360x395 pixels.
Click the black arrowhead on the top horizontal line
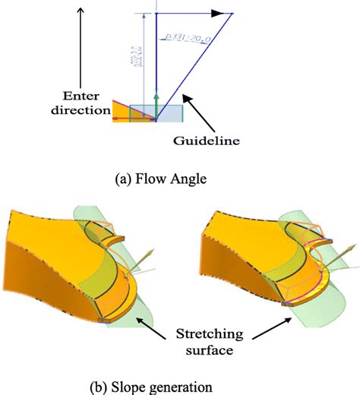[x=217, y=13]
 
